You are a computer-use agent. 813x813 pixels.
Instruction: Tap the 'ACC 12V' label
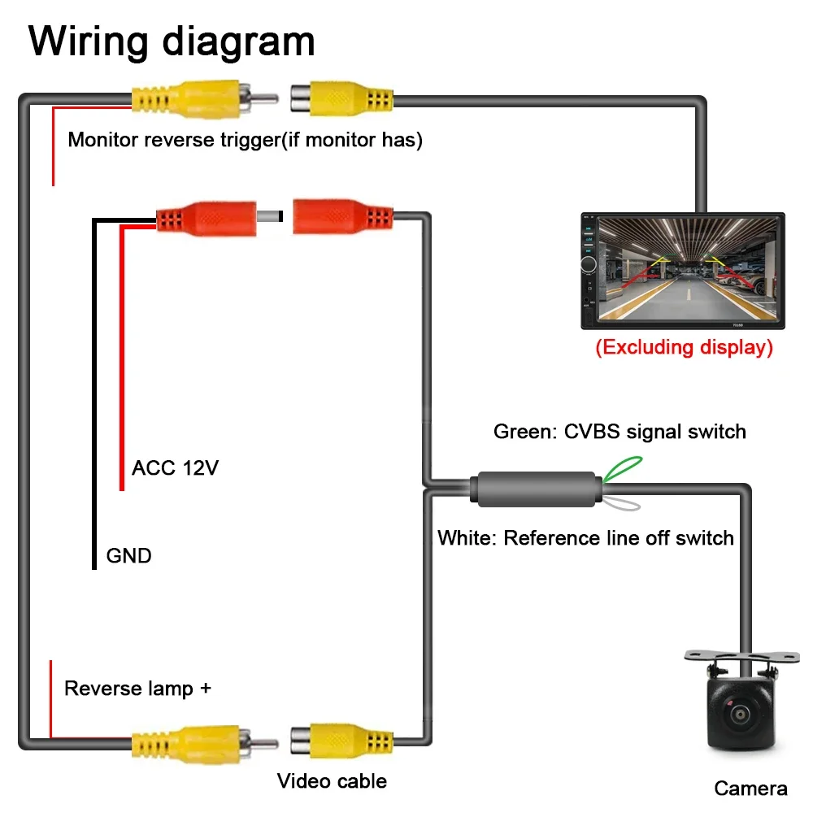click(176, 467)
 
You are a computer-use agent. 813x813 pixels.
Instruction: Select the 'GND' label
click(128, 555)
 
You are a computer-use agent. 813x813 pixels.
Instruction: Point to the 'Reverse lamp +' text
click(138, 689)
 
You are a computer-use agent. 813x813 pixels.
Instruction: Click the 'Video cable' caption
click(332, 780)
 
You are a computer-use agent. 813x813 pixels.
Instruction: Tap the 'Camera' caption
click(750, 788)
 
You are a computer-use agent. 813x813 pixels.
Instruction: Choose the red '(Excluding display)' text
click(684, 347)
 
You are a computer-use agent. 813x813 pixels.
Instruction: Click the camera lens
click(739, 715)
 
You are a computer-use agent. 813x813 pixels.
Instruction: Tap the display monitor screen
click(688, 268)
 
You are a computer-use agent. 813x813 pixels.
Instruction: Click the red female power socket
click(343, 216)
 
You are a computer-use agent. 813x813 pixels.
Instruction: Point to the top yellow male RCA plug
click(205, 98)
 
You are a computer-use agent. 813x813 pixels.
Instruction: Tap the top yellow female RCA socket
click(341, 98)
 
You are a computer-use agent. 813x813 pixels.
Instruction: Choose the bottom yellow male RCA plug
click(205, 744)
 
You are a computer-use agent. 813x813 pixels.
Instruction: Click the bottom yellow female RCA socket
click(341, 742)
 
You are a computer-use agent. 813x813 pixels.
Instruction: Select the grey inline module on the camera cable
click(536, 489)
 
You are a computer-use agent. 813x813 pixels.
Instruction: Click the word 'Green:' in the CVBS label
click(525, 432)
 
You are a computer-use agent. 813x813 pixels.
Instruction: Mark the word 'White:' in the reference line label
click(467, 537)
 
